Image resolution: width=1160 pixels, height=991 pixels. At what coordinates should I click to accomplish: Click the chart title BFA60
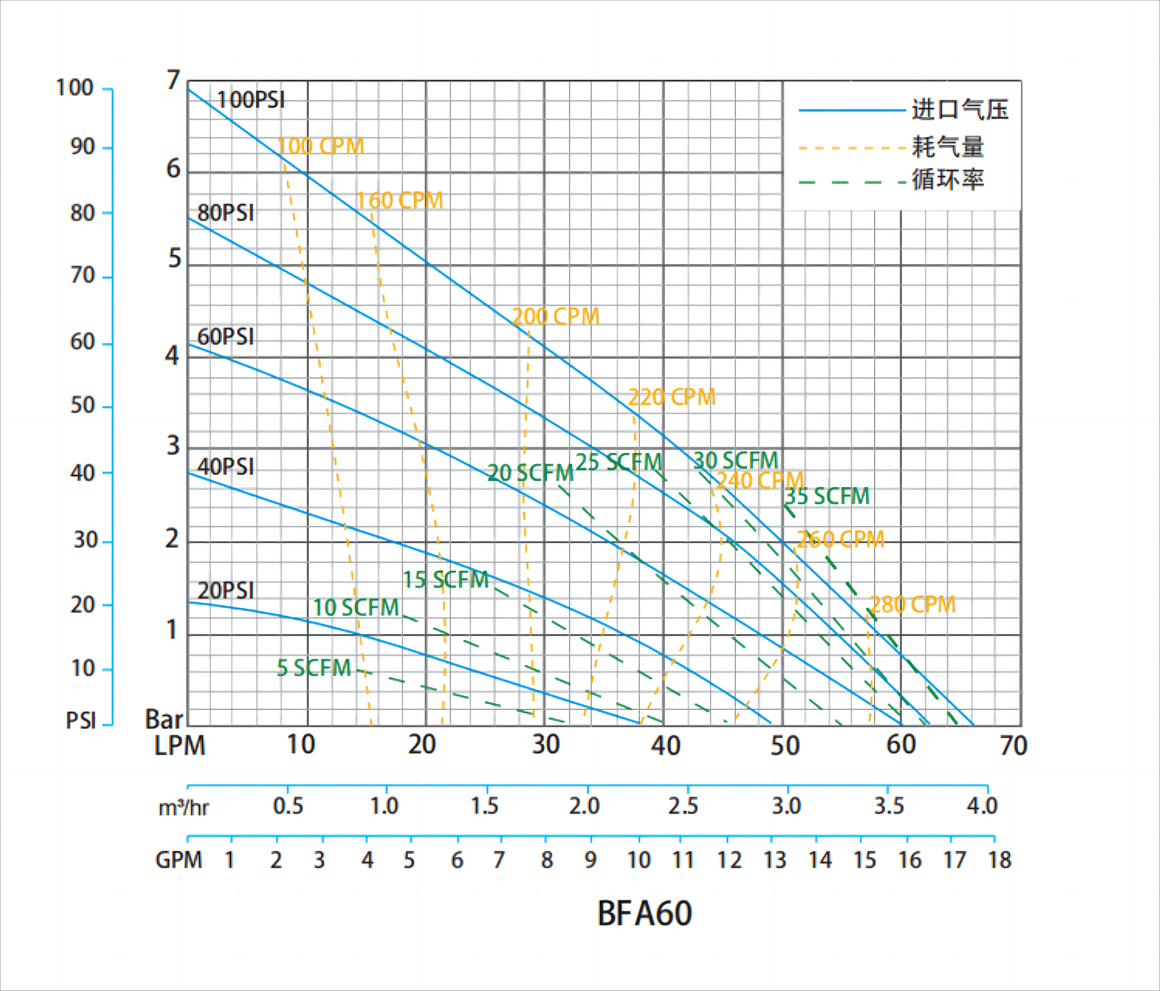tap(644, 913)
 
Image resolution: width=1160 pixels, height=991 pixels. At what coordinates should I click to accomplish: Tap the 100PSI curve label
tap(250, 100)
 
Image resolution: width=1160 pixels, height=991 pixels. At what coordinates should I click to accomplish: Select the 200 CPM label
tap(555, 317)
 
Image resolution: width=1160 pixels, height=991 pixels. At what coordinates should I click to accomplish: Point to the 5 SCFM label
tap(314, 668)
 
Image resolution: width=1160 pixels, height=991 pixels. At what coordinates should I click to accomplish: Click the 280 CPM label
tap(913, 604)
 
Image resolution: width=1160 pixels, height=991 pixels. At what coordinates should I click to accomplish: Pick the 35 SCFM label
tap(827, 496)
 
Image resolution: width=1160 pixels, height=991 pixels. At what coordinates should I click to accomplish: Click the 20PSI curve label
tap(226, 591)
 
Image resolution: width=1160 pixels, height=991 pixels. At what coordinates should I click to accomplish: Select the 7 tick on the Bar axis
tap(174, 81)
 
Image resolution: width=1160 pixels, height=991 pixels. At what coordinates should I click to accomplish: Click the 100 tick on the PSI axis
tap(74, 88)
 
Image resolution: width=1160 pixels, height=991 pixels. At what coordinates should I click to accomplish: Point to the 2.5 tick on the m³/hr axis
tap(683, 806)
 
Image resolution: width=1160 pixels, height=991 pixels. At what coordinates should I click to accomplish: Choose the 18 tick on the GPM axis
tap(1000, 860)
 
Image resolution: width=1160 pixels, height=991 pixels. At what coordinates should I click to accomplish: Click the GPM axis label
tap(178, 860)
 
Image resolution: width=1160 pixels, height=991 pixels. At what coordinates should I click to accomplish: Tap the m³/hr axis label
tap(183, 808)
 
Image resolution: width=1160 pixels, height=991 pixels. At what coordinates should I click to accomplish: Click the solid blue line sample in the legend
tap(852, 110)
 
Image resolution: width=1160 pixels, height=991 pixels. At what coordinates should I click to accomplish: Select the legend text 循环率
tap(947, 180)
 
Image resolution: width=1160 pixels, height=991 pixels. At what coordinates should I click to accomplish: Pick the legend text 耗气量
tap(947, 147)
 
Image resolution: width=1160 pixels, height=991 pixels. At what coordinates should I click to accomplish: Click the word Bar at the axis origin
tap(164, 720)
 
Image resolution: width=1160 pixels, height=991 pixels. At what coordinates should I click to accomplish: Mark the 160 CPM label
tap(399, 201)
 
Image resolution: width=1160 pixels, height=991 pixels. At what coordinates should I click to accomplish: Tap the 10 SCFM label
tap(356, 608)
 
